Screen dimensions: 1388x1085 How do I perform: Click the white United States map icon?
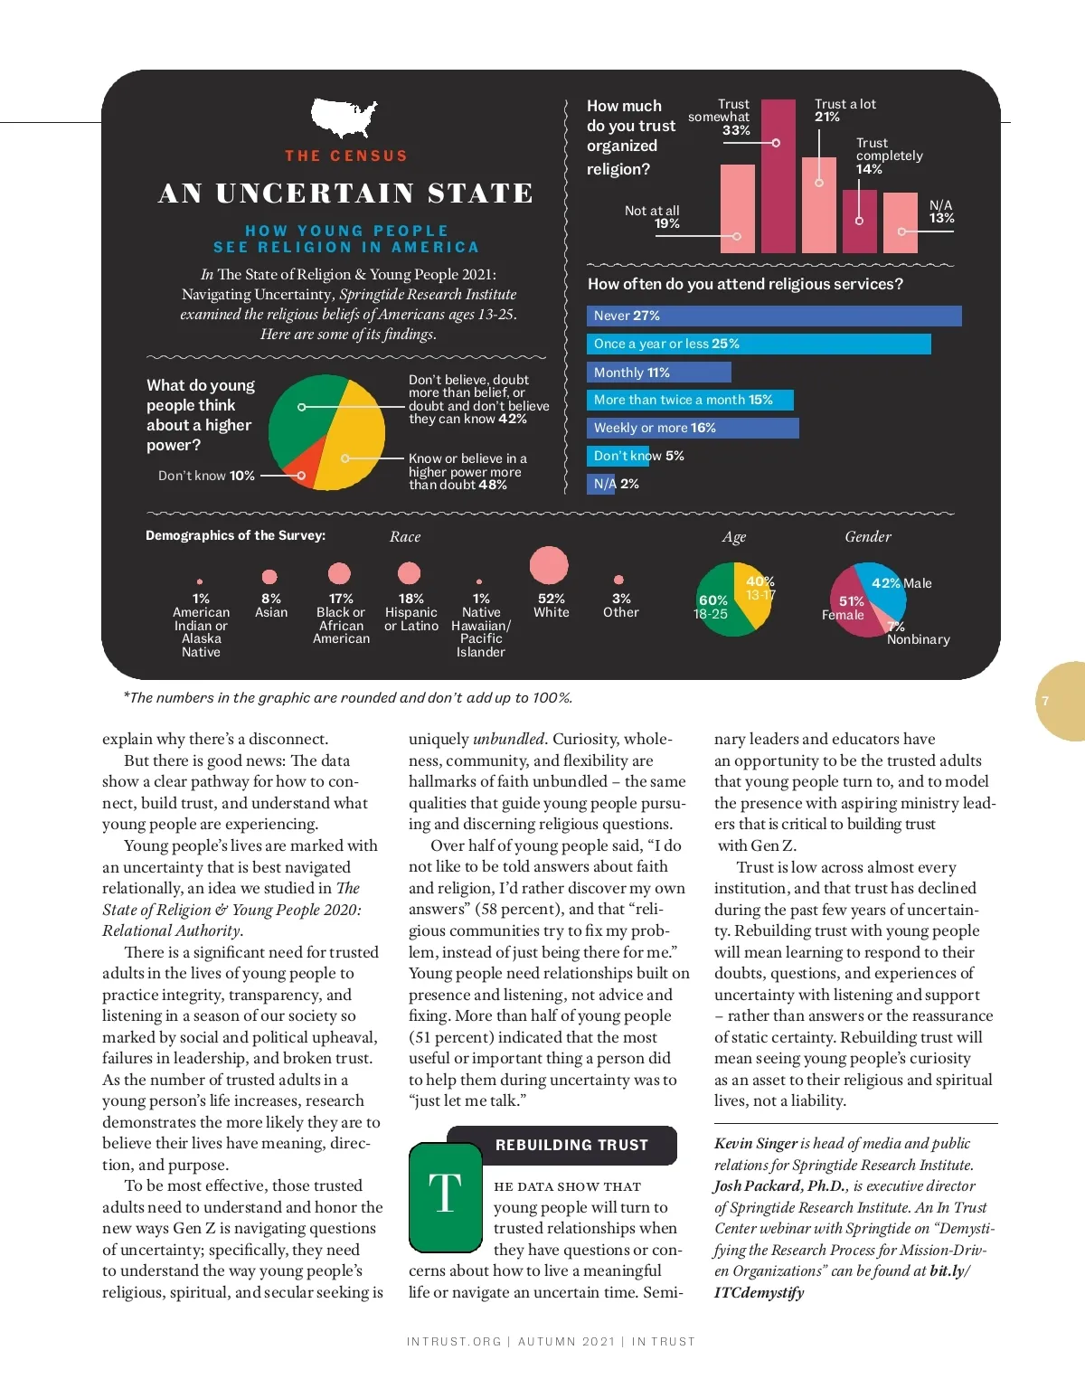pyautogui.click(x=344, y=118)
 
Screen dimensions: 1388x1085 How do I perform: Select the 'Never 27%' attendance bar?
pyautogui.click(x=773, y=316)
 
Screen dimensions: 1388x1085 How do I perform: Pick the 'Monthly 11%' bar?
pyautogui.click(x=658, y=373)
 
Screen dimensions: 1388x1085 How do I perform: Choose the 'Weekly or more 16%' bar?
pyautogui.click(x=693, y=428)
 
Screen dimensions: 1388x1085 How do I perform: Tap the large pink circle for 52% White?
pyautogui.click(x=549, y=565)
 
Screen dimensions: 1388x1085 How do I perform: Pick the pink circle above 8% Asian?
pyautogui.click(x=269, y=577)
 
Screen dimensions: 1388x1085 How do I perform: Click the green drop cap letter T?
pyautogui.click(x=445, y=1196)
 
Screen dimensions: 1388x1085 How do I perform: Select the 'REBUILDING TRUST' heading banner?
pyautogui.click(x=571, y=1145)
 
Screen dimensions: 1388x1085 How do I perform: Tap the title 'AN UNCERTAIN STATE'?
pyautogui.click(x=345, y=194)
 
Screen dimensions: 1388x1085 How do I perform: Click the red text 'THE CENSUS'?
pyautogui.click(x=345, y=156)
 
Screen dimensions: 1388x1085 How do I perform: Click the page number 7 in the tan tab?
pyautogui.click(x=1045, y=701)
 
